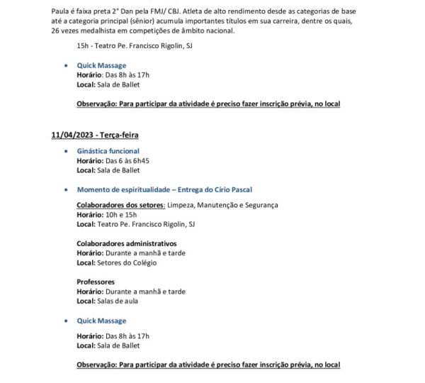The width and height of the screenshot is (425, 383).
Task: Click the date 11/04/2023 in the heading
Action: click(x=69, y=134)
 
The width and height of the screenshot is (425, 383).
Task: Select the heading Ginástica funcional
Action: click(x=108, y=151)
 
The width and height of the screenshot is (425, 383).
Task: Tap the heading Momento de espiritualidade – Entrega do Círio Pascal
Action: click(x=164, y=189)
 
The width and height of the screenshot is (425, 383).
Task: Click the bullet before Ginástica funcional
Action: click(x=65, y=151)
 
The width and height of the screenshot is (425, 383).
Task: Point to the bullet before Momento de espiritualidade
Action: click(x=65, y=189)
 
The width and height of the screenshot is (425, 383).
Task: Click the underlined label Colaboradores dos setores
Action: click(x=120, y=206)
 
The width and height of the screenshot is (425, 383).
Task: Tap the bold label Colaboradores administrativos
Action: click(x=127, y=243)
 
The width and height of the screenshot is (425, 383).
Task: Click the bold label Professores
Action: click(x=96, y=282)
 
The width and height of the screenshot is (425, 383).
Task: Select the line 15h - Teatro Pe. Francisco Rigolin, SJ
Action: click(x=135, y=46)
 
